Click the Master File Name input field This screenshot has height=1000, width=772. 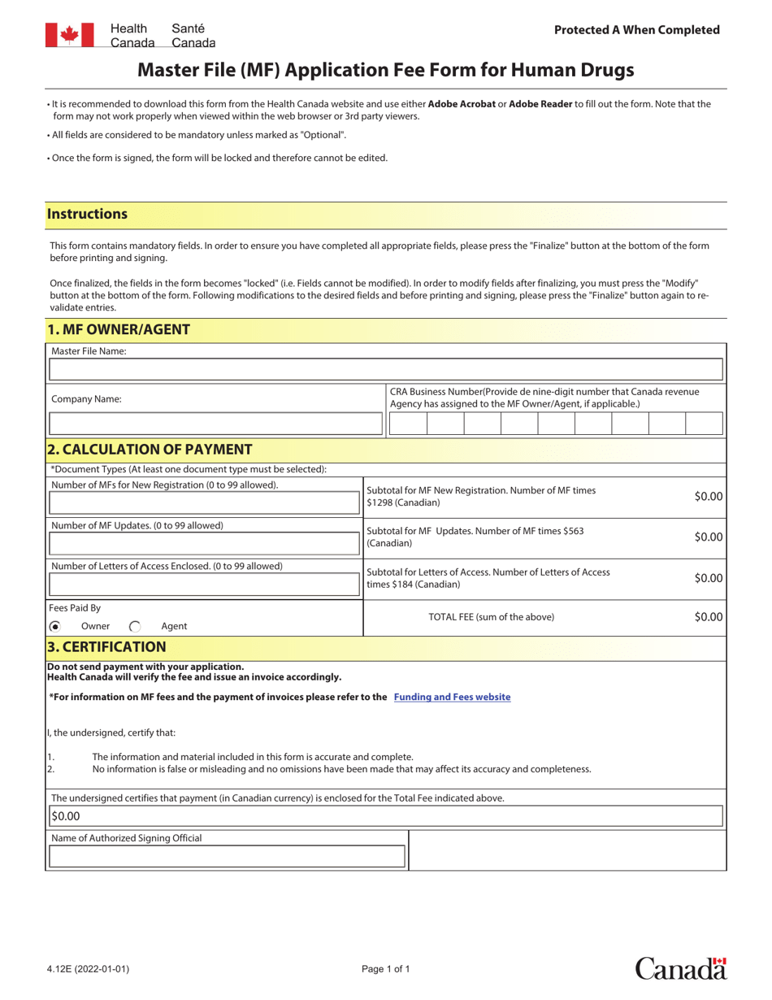pyautogui.click(x=385, y=370)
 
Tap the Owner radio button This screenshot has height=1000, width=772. pyautogui.click(x=54, y=626)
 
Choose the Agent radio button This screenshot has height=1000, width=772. pyautogui.click(x=135, y=626)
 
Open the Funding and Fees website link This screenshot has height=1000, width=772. pyautogui.click(x=452, y=697)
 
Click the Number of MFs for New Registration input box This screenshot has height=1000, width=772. pyautogui.click(x=204, y=503)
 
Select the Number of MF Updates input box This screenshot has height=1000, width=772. pyautogui.click(x=204, y=544)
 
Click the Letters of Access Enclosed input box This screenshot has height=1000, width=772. pyautogui.click(x=204, y=585)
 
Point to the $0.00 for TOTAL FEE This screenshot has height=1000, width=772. pyautogui.click(x=708, y=617)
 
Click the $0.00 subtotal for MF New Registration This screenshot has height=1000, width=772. pyautogui.click(x=708, y=496)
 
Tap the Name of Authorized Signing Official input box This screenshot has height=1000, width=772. pyautogui.click(x=227, y=856)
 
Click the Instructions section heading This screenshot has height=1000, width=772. pyautogui.click(x=88, y=215)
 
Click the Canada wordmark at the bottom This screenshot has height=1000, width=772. pyautogui.click(x=680, y=968)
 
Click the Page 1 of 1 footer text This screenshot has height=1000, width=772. pyautogui.click(x=386, y=969)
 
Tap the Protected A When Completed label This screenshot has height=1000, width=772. pyautogui.click(x=636, y=30)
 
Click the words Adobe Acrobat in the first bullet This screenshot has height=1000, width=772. pyautogui.click(x=462, y=104)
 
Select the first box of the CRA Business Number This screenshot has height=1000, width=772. pyautogui.click(x=408, y=424)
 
